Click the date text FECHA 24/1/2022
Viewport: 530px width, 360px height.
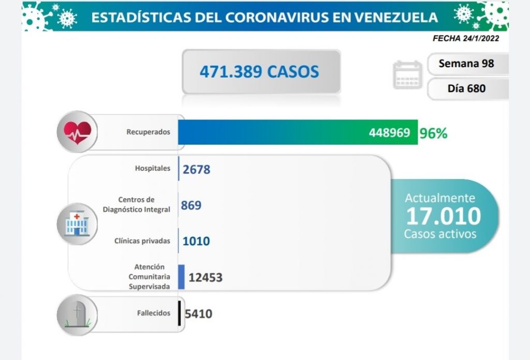(x=466, y=38)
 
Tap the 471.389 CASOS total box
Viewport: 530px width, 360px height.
(x=261, y=71)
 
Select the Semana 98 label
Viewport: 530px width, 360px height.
(x=466, y=64)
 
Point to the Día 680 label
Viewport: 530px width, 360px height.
(x=466, y=88)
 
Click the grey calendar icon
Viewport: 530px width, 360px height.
(x=407, y=76)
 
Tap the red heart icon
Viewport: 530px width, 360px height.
(x=77, y=132)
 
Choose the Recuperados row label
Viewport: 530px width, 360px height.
(x=148, y=132)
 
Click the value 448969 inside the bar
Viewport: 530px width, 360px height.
(x=389, y=133)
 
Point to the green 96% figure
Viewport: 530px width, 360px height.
(x=434, y=133)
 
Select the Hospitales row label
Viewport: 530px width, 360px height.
(x=152, y=168)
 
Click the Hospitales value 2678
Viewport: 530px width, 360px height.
(x=197, y=169)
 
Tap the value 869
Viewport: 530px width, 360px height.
(x=191, y=205)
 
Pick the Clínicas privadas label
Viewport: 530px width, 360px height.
(x=142, y=241)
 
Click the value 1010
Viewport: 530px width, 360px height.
(x=196, y=241)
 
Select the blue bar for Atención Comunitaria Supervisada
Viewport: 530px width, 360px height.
(x=181, y=277)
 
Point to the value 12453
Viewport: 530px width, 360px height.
(x=205, y=278)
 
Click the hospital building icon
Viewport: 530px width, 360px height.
(x=77, y=224)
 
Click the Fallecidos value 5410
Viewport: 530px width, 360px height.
(x=198, y=313)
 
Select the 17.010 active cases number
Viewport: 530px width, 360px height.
(x=443, y=216)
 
